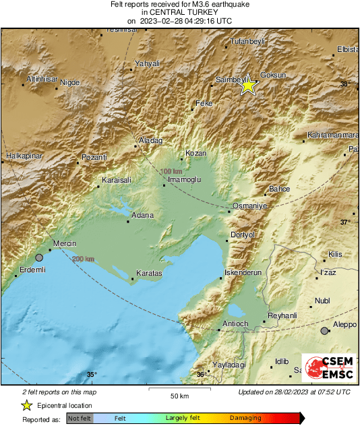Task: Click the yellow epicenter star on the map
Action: point(248,86)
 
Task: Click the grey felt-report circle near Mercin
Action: point(39,257)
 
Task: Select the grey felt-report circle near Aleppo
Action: point(325,330)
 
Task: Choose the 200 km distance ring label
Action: point(83,260)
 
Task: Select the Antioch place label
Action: point(236,324)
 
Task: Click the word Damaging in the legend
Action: point(245,418)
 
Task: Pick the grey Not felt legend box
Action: point(80,418)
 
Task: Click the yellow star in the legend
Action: point(26,405)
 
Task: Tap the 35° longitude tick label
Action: point(92,374)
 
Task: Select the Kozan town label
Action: point(196,153)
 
